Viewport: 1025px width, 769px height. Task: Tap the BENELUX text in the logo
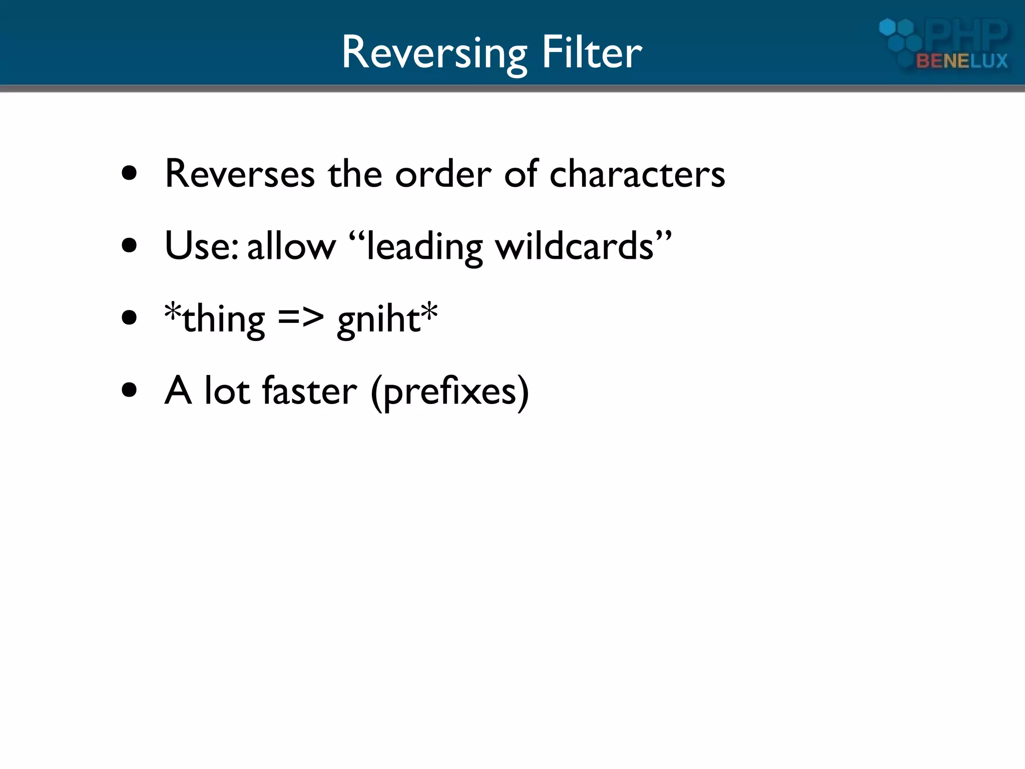(961, 61)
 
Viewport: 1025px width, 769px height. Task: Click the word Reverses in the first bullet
(240, 174)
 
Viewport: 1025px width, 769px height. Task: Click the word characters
(637, 174)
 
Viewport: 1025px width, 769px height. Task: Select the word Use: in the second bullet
(201, 246)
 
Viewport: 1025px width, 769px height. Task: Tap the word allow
(291, 247)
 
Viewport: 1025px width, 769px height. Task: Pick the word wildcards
(574, 246)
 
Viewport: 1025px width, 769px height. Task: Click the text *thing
(215, 319)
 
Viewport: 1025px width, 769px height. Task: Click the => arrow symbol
(301, 318)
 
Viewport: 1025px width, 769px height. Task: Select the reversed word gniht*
(387, 319)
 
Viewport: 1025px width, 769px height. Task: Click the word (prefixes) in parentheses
(449, 392)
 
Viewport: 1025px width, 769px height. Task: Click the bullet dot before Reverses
(129, 174)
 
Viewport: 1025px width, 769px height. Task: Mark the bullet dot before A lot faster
(129, 390)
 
